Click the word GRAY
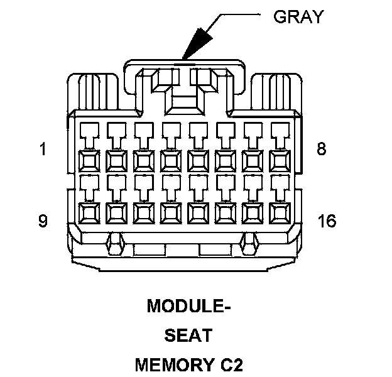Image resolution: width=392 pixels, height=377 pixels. point(298,16)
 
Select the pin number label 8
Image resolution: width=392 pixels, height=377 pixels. point(321,151)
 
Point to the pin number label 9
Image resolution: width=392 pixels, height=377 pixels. point(43,221)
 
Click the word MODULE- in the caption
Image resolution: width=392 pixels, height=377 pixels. point(189,307)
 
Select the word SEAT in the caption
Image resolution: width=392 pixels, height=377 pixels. point(188,336)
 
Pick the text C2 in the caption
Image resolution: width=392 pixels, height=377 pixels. point(230,364)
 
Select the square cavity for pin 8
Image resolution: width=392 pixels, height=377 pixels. point(280,161)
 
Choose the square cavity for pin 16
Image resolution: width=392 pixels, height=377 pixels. point(280,214)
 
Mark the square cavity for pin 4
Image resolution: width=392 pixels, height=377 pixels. point(171,161)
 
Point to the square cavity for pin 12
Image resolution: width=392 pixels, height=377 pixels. point(171,214)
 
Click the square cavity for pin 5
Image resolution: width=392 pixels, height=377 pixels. point(199,161)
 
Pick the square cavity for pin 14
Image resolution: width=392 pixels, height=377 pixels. point(226,214)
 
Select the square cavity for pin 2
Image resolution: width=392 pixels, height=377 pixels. point(116,161)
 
